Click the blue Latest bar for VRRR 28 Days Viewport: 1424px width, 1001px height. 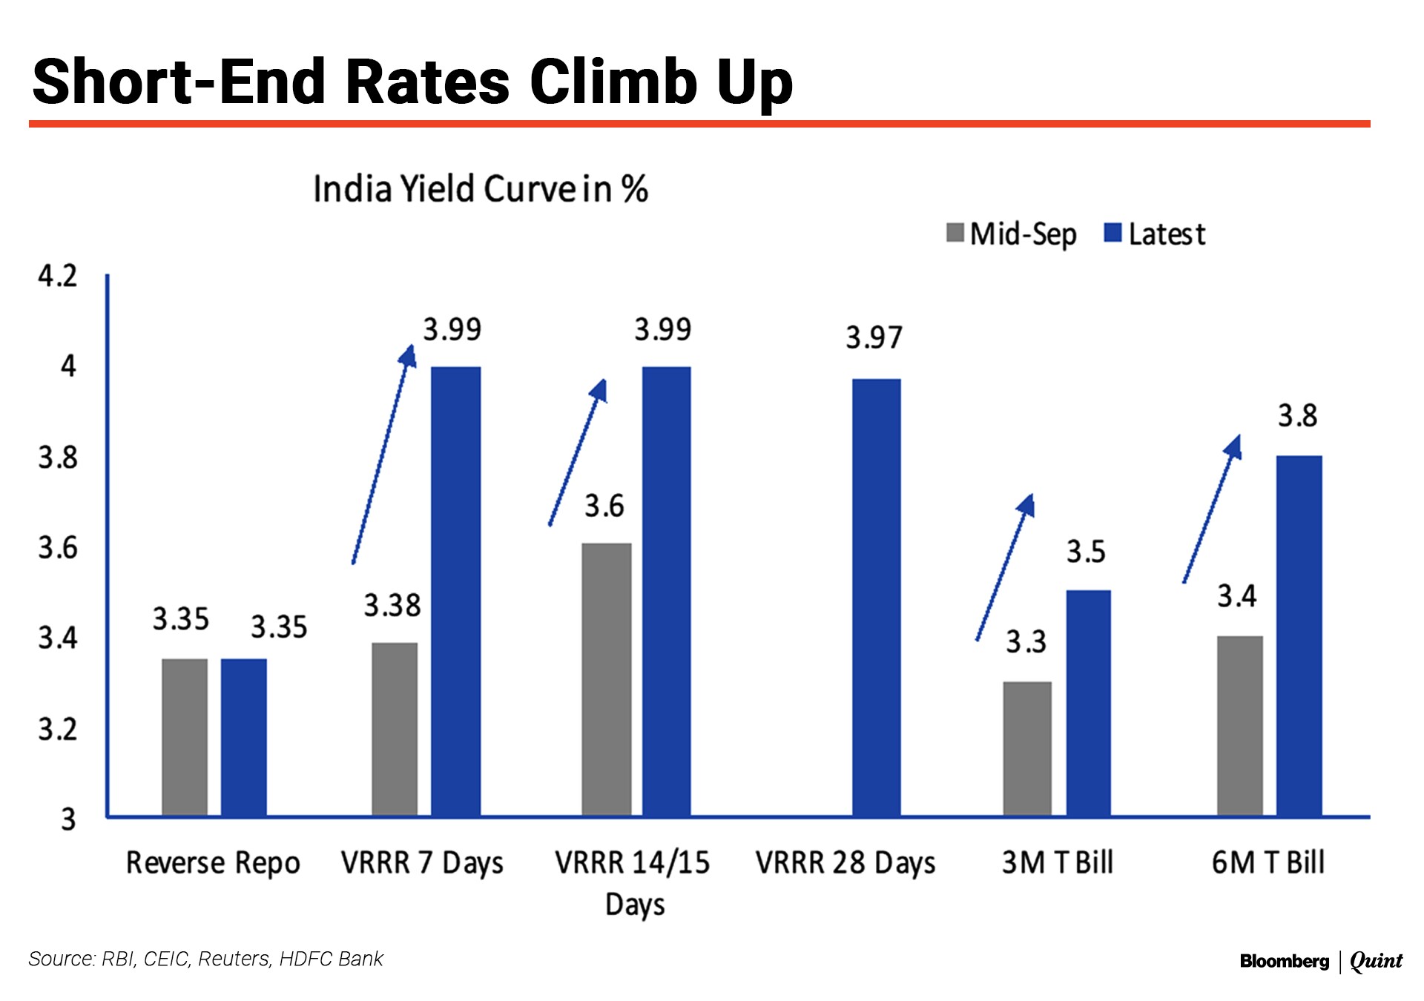pos(876,597)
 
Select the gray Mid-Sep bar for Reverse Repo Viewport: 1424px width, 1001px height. pos(185,737)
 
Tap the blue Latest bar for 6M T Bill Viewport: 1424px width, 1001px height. pos(1299,635)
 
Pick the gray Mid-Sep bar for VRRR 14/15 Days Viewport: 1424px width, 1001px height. pos(606,679)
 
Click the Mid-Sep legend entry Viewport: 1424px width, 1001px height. pos(1012,234)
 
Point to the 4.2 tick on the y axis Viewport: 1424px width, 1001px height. pos(58,277)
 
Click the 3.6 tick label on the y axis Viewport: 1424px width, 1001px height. pos(58,549)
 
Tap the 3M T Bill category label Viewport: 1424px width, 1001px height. pos(1057,862)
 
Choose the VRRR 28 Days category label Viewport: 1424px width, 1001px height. pos(845,863)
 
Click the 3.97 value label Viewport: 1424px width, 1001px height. pos(874,338)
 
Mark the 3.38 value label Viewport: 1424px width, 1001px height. pos(392,606)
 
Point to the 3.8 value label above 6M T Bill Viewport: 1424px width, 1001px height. pos(1297,416)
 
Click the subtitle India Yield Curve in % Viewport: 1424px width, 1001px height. pos(481,189)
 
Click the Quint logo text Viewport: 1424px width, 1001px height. pos(1376,962)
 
